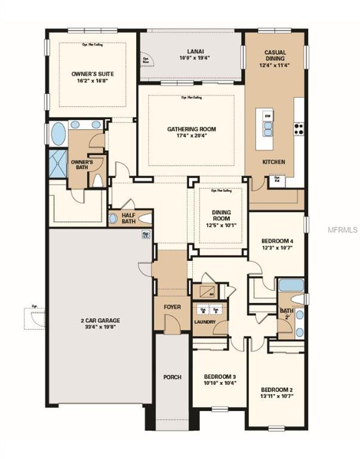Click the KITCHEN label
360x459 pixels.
[274, 162]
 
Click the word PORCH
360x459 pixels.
[172, 377]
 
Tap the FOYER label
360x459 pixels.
[172, 307]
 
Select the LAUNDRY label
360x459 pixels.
[205, 323]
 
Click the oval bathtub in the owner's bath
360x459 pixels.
[58, 134]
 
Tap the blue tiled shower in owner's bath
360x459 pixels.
[58, 164]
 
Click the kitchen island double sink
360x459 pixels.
[267, 129]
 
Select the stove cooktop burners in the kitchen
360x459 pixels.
[298, 128]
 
